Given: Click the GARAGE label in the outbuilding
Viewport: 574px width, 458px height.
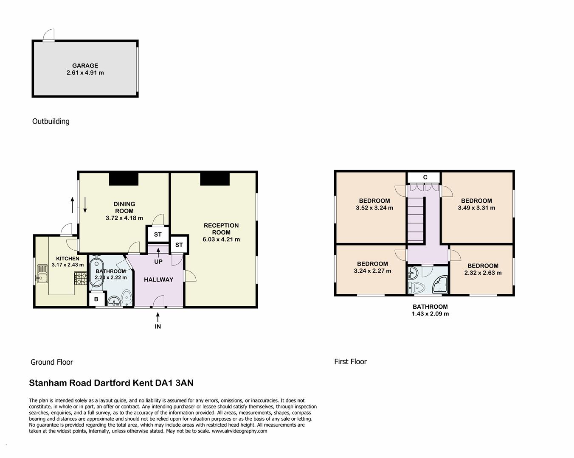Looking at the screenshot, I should (x=85, y=66).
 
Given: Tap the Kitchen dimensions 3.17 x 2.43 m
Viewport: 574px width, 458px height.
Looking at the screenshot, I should (x=68, y=265).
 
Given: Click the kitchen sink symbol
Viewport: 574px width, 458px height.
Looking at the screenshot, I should (x=42, y=274).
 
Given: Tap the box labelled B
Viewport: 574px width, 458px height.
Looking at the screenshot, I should (x=96, y=299).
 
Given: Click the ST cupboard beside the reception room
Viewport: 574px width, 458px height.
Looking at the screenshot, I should (x=179, y=245).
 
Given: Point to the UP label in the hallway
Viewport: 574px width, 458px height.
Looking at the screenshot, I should (x=158, y=262).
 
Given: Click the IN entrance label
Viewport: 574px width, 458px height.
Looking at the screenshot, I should (x=158, y=327).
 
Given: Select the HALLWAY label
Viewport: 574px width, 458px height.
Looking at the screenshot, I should (x=158, y=279).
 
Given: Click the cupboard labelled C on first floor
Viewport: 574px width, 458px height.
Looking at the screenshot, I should (x=425, y=177).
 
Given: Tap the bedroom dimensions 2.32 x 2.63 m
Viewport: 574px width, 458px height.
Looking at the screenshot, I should (x=483, y=273).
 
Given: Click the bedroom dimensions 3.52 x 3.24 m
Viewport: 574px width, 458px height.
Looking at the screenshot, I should (x=374, y=208).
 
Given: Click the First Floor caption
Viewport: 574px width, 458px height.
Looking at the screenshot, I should (x=350, y=362).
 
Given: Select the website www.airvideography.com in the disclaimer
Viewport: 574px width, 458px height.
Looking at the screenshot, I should (x=239, y=431).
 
